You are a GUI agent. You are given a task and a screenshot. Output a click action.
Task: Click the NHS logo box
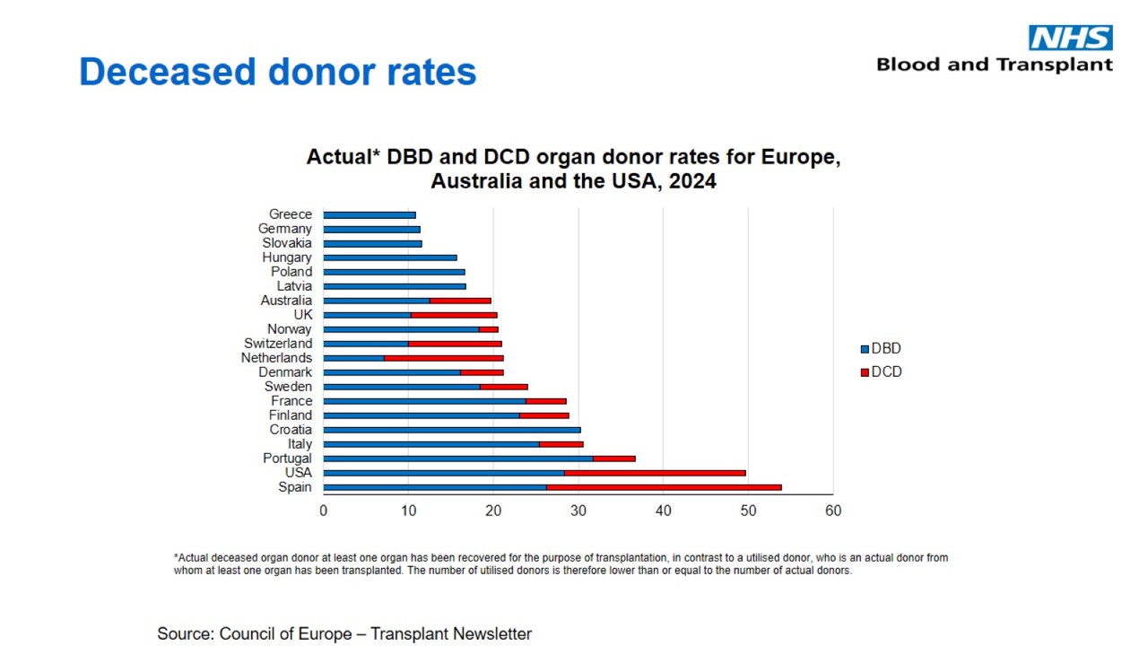point(1070,38)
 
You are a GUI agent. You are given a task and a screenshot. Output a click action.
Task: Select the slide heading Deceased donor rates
point(277,72)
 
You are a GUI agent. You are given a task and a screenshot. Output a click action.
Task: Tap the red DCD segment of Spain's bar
point(664,487)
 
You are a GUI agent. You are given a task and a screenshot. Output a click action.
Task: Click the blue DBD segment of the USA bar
point(443,473)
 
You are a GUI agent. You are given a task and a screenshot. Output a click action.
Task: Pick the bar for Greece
point(370,214)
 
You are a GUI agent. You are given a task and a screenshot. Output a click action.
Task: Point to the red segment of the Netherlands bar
point(443,358)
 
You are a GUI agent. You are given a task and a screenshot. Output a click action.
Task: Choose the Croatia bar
point(451,430)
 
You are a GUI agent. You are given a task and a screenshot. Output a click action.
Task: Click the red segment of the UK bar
point(454,315)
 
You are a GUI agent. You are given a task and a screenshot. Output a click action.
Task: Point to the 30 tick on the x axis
point(578,511)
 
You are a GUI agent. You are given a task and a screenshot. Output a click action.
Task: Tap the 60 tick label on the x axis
point(833,511)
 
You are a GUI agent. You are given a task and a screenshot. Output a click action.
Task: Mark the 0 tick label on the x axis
point(324,511)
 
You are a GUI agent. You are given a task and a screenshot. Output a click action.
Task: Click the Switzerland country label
point(278,344)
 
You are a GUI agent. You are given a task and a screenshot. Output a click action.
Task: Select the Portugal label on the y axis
point(287,458)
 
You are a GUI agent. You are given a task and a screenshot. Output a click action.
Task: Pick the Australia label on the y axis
point(286,301)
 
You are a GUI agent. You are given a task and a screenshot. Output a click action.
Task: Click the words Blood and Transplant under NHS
point(994,65)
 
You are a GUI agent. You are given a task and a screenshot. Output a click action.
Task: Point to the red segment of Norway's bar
point(488,329)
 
